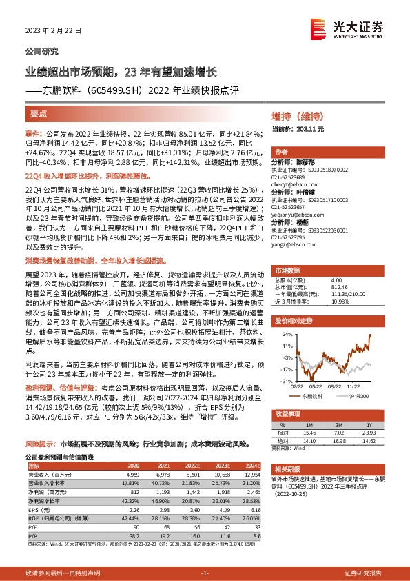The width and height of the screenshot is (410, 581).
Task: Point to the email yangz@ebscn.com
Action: point(295,244)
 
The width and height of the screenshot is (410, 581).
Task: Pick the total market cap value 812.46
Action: point(338,286)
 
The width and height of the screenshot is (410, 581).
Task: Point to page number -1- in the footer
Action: point(205,573)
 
